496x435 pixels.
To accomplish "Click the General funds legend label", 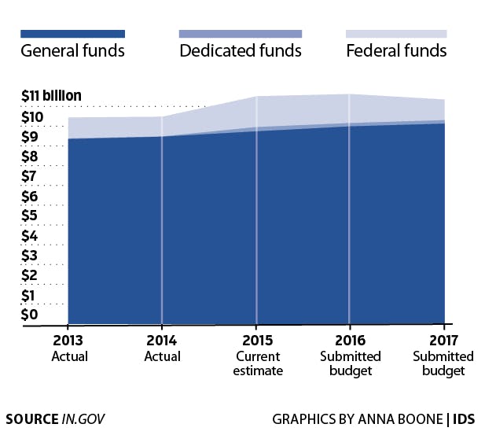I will coord(72,52).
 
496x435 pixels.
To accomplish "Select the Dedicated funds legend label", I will coord(241,52).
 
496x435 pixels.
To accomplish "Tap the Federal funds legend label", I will coord(396,52).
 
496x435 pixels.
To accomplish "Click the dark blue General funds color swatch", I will coord(72,34).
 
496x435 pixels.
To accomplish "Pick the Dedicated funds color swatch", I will coord(241,34).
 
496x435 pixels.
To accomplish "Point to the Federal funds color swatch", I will coord(396,34).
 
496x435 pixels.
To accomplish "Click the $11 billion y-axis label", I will coord(52,97).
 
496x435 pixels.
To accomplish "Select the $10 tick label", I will coord(32,118).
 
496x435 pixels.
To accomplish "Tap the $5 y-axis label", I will coord(29,216).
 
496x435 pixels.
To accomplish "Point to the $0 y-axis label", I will coord(29,315).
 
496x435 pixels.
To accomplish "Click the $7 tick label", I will coord(29,176).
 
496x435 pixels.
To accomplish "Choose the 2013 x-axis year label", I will coord(69,342).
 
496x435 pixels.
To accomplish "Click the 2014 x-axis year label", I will coord(162,342).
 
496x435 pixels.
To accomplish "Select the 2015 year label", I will coord(256,342).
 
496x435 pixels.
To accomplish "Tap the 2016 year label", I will coord(351,342).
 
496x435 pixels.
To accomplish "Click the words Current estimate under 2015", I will coord(256,363).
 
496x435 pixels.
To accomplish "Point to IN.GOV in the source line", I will coord(83,418).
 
